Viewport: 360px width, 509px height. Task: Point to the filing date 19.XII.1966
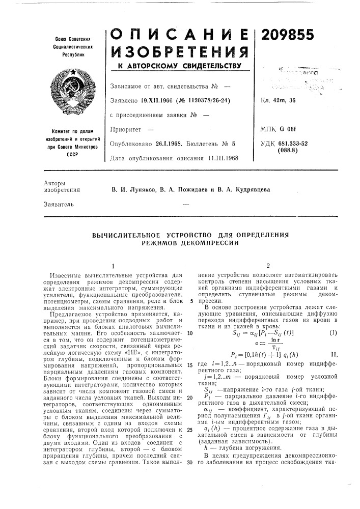click(x=153, y=100)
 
